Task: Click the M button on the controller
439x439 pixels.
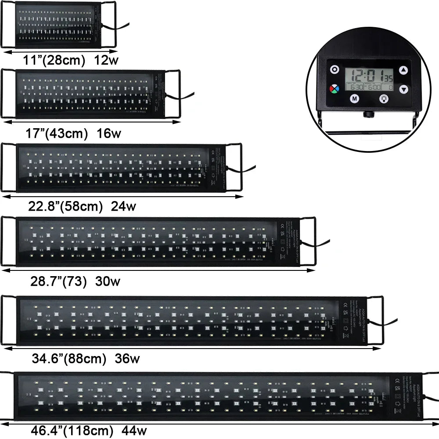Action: (x=354, y=98)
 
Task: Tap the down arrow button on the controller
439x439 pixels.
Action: (x=403, y=89)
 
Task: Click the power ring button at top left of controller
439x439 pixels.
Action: (x=335, y=69)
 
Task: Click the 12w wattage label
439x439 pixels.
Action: (x=106, y=61)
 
